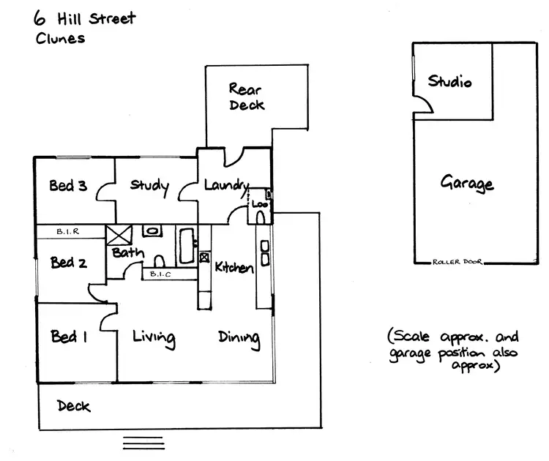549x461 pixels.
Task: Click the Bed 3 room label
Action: click(68, 186)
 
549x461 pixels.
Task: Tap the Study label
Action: click(149, 186)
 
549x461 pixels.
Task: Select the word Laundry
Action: click(226, 186)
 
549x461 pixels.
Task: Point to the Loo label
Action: click(261, 204)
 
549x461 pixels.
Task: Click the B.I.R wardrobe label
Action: click(72, 231)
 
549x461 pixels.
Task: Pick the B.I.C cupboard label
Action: click(160, 274)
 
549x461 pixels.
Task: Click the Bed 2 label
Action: click(68, 261)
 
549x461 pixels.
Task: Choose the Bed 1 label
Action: click(68, 337)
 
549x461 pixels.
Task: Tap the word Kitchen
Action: click(234, 268)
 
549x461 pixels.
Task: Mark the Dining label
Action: click(239, 337)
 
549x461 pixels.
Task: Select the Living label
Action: click(153, 337)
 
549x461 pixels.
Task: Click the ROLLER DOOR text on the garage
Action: click(457, 261)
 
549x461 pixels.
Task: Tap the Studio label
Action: click(449, 81)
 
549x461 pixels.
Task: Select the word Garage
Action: click(467, 183)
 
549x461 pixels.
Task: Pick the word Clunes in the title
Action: click(60, 38)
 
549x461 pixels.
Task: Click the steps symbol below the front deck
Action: click(143, 443)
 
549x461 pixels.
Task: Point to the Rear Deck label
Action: click(246, 97)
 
